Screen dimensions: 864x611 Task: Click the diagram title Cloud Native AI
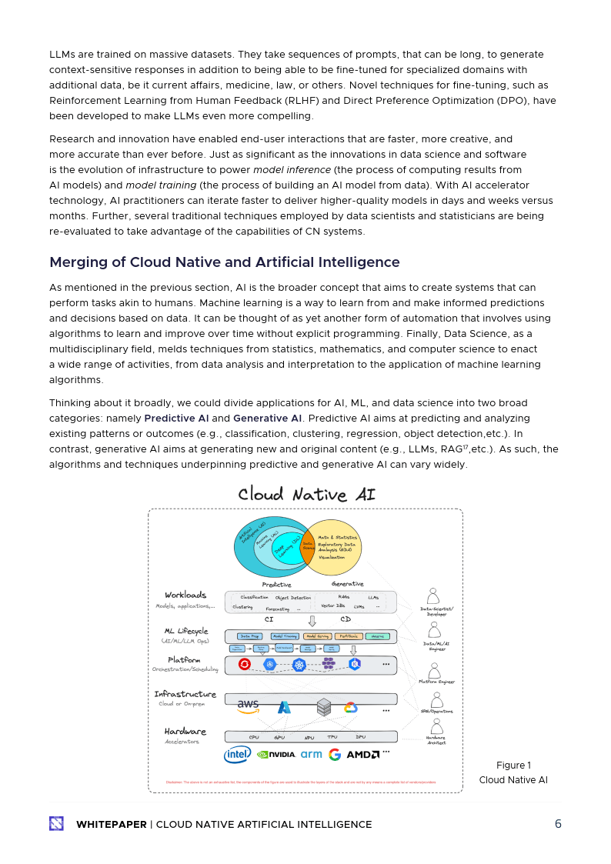(306, 494)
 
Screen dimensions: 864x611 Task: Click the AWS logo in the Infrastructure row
(248, 704)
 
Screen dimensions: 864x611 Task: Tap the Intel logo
(237, 755)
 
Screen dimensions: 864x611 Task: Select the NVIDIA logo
(276, 755)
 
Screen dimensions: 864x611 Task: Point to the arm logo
(311, 755)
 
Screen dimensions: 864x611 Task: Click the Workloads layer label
(185, 595)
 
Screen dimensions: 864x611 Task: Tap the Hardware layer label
(185, 731)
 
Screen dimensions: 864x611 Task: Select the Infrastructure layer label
(185, 694)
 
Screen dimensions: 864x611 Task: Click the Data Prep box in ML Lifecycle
(249, 636)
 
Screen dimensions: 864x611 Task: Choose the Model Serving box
(316, 636)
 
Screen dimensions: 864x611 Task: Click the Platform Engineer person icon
(436, 669)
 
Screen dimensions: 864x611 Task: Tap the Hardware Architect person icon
(436, 727)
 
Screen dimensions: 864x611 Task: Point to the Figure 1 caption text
(513, 766)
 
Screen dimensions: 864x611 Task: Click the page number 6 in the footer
(558, 824)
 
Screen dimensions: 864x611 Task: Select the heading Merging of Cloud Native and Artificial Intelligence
(225, 262)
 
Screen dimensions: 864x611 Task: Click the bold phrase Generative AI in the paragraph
(267, 418)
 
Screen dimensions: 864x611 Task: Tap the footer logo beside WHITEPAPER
(57, 824)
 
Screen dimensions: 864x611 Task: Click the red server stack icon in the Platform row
(245, 664)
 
